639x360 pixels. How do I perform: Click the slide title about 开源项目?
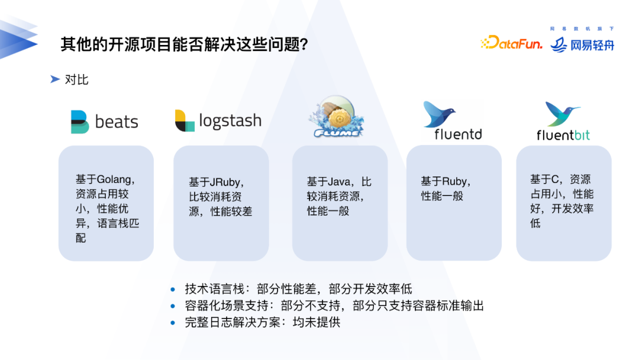tap(184, 44)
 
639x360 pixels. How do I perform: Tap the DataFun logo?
tap(511, 43)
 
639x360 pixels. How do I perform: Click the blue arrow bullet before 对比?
tap(55, 79)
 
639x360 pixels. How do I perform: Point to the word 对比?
tap(77, 79)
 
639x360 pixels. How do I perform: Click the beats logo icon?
tap(79, 122)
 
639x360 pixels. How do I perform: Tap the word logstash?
tap(230, 121)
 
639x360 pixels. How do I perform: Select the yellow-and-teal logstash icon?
tap(185, 121)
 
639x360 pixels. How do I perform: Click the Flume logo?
tap(335, 119)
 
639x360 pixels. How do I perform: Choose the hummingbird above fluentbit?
tap(561, 114)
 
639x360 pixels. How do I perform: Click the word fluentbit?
tap(563, 136)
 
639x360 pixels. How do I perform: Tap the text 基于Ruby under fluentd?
tap(445, 182)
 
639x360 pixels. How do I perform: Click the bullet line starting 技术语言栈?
tap(298, 289)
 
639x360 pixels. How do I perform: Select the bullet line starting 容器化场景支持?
tap(334, 306)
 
